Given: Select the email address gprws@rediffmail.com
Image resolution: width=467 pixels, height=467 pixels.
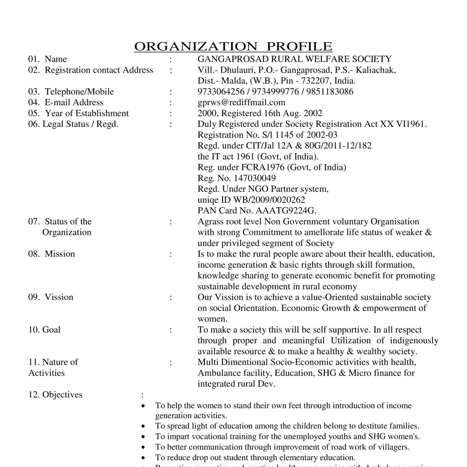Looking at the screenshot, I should pyautogui.click(x=241, y=102).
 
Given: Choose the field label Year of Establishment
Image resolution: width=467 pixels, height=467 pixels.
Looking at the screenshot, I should pyautogui.click(x=87, y=113).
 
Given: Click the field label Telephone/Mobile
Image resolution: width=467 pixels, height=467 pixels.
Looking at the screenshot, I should pyautogui.click(x=79, y=92).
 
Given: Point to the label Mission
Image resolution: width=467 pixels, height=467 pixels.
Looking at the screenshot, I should pyautogui.click(x=60, y=254).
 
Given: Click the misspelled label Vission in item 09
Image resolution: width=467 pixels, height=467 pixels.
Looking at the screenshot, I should pyautogui.click(x=59, y=297).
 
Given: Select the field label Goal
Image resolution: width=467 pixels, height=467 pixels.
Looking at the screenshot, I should pyautogui.click(x=51, y=330).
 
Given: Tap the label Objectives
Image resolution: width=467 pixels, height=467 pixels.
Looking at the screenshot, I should pyautogui.click(x=62, y=395).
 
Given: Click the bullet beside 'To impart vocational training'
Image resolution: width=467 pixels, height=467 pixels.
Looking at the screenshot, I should pyautogui.click(x=143, y=437).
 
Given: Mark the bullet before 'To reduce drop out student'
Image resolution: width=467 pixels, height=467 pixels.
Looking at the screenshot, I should pyautogui.click(x=143, y=458).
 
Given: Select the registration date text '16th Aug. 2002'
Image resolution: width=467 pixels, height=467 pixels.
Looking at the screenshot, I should pyautogui.click(x=293, y=113).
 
